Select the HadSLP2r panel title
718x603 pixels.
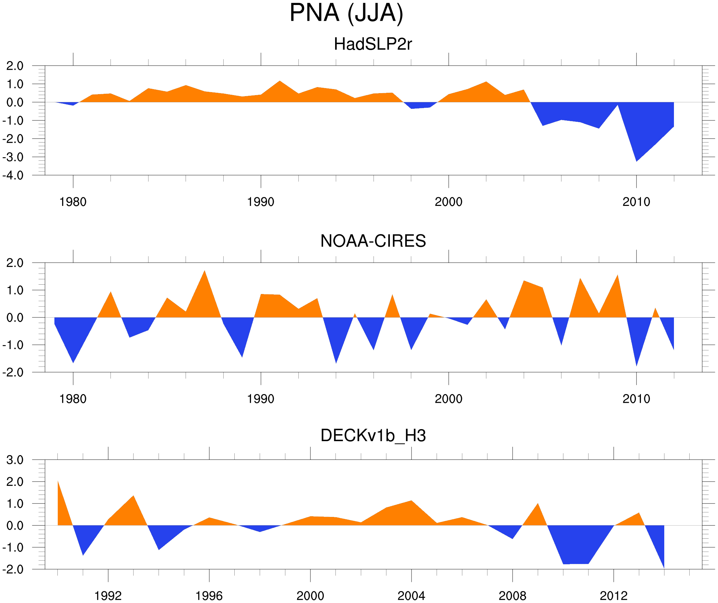(x=373, y=44)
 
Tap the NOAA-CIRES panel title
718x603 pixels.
(x=373, y=241)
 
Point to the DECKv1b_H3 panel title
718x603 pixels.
(x=373, y=436)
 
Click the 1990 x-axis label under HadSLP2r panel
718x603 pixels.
(x=261, y=202)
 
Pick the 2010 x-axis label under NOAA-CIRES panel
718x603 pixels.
(x=636, y=399)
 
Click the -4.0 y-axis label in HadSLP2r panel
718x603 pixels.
(x=13, y=176)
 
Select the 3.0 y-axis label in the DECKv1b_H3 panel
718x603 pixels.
(x=15, y=460)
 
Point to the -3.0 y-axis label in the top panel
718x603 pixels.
(x=13, y=158)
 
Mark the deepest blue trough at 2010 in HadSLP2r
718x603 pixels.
(x=636, y=160)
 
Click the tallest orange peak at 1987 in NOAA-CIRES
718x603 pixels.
(x=205, y=272)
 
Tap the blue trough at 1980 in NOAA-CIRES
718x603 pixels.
(x=73, y=362)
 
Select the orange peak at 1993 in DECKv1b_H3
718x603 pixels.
(x=133, y=497)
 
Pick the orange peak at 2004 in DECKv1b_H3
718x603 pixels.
(x=411, y=502)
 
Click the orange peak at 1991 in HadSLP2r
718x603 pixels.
(x=280, y=82)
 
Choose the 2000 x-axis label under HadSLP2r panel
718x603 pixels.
(x=448, y=202)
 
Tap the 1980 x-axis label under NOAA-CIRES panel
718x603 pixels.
(x=73, y=399)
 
